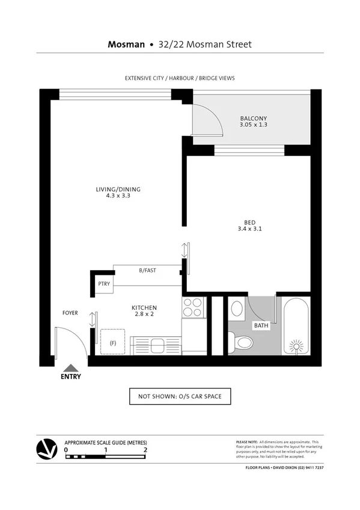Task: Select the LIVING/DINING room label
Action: pos(118,189)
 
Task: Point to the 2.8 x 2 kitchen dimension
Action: pos(144,315)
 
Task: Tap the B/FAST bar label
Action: pos(147,271)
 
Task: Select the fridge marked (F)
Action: pos(113,343)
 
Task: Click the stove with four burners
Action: pos(194,307)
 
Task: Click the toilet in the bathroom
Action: pos(243,343)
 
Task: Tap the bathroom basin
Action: pos(237,310)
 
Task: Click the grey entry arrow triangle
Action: pos(71,367)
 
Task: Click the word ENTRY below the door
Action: pos(71,377)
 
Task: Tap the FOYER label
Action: pos(71,313)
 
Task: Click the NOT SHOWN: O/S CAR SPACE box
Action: pos(180,397)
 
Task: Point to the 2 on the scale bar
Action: pos(145,449)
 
